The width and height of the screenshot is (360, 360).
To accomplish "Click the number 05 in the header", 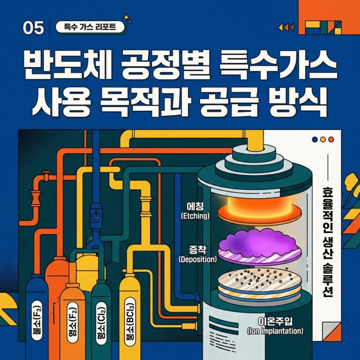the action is (x=33, y=28).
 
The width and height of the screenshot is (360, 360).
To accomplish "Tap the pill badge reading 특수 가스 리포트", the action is (x=90, y=28).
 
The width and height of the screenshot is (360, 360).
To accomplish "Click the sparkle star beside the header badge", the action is (x=127, y=19).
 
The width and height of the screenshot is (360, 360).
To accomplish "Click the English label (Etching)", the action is (x=195, y=216).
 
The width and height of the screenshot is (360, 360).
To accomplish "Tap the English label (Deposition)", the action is (x=198, y=259).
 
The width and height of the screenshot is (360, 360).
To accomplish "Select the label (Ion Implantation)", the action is (x=275, y=331).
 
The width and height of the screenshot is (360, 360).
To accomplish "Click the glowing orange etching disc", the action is (x=259, y=210).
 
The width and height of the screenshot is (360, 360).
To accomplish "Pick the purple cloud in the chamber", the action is (x=259, y=243).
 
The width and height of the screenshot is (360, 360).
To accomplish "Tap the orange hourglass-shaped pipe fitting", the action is (x=36, y=198).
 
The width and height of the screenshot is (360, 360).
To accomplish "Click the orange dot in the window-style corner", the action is (x=331, y=139).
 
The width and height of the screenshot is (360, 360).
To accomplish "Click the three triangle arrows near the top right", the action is (x=286, y=28).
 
